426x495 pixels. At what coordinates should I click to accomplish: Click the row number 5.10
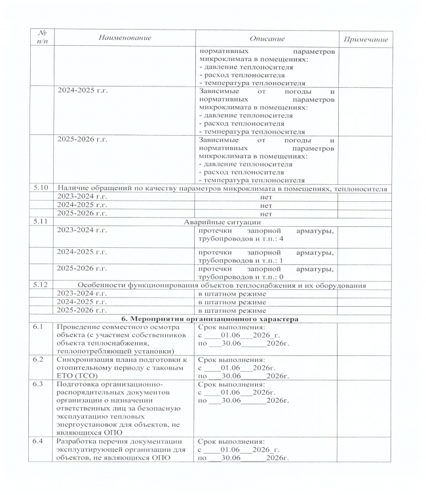(x=43, y=189)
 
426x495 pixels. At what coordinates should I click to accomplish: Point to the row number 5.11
(x=43, y=222)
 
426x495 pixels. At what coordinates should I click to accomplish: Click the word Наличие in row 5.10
(x=75, y=189)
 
